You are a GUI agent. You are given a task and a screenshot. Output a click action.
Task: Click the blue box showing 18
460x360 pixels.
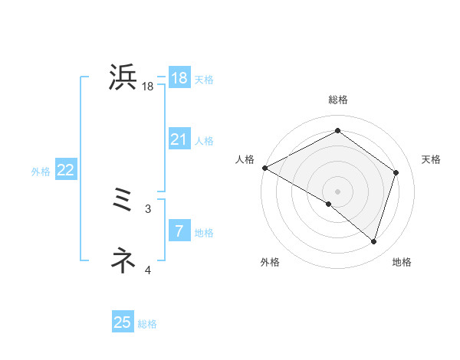(x=179, y=78)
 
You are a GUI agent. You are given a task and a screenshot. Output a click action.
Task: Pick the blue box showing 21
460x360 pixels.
(x=179, y=139)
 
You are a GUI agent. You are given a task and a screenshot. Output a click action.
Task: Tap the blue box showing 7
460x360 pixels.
(x=179, y=231)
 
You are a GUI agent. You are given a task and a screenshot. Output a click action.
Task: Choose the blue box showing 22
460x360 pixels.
(x=65, y=170)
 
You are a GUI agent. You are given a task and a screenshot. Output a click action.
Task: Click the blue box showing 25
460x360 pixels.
(x=123, y=322)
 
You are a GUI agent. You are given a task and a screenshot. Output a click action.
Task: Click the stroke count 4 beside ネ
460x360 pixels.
(x=148, y=270)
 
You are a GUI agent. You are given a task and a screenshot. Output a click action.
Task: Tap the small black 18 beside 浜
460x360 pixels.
(x=148, y=87)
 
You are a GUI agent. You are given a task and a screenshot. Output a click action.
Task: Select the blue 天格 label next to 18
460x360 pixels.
(x=204, y=80)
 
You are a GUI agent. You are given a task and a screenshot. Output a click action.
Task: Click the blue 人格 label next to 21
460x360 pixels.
(x=204, y=141)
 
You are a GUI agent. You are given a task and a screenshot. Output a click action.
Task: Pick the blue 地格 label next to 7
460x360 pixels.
(x=204, y=233)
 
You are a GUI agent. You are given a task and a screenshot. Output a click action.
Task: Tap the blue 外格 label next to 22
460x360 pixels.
(x=41, y=172)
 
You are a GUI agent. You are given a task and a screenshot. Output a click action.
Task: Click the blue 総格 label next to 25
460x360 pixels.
(x=147, y=325)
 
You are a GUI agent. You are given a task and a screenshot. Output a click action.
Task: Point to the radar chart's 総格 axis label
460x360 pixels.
(x=337, y=100)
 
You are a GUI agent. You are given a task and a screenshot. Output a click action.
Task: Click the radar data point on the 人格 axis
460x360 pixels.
(x=264, y=168)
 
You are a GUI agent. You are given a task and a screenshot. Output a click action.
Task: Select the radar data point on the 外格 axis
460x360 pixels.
(x=329, y=205)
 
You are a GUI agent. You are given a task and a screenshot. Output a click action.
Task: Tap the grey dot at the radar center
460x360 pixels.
(x=337, y=191)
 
